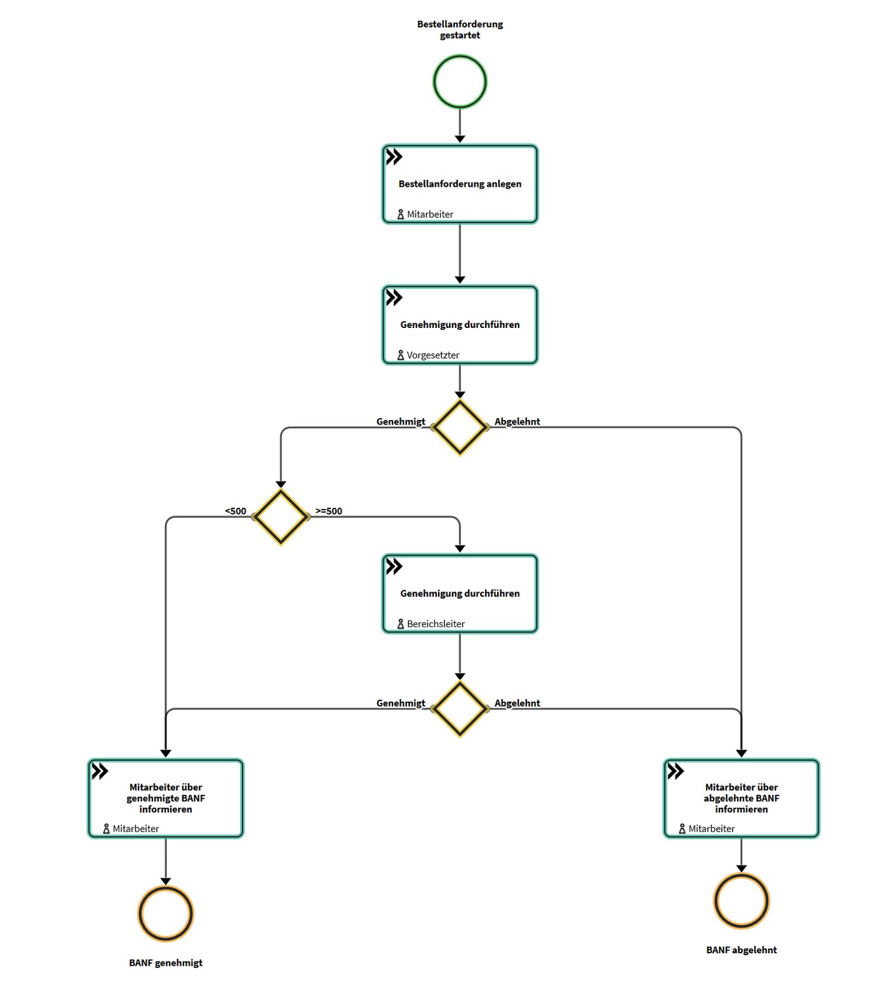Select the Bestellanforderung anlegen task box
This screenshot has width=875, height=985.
point(460,184)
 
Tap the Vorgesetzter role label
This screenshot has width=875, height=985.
point(433,355)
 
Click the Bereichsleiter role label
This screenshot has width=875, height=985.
point(436,624)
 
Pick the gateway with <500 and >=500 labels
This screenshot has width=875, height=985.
point(281,517)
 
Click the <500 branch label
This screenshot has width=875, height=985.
point(236,511)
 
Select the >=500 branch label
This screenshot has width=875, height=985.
point(329,511)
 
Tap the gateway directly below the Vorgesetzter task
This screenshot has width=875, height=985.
point(460,427)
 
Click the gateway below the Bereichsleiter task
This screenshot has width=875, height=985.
point(460,709)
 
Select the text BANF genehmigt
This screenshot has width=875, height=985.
point(166,963)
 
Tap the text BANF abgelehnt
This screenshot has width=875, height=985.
point(742,949)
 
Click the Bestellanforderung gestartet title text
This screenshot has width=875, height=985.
point(460,30)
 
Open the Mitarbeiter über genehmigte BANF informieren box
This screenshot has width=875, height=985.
point(166,798)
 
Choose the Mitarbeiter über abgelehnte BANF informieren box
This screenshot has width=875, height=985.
point(742,798)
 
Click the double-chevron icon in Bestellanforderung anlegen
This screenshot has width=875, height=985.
point(394,156)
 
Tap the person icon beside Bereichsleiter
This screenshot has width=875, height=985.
point(400,624)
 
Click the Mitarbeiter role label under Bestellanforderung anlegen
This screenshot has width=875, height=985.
point(430,214)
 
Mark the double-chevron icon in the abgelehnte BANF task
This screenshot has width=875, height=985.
point(676,771)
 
